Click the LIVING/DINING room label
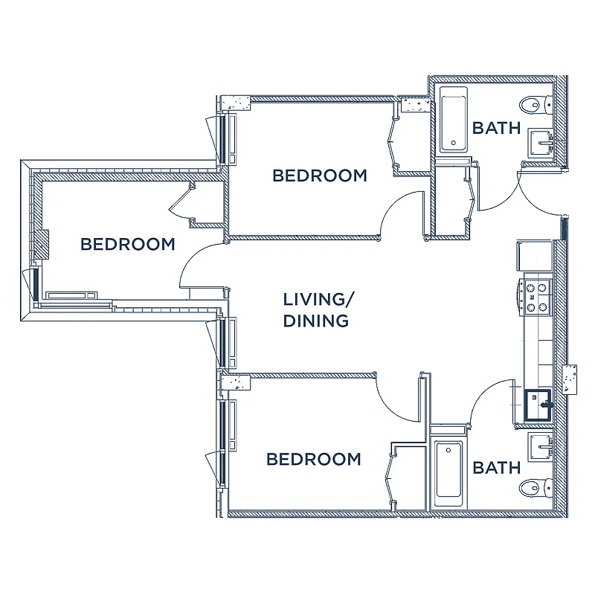click(x=316, y=310)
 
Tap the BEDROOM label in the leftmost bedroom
click(x=128, y=244)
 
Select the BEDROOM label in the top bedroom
click(x=319, y=176)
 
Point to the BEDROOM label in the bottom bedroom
click(x=313, y=459)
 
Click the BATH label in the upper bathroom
click(x=496, y=128)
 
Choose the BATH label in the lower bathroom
click(x=496, y=468)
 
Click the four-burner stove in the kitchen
click(x=536, y=295)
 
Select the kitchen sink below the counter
click(x=538, y=405)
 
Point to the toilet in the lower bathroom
click(x=535, y=488)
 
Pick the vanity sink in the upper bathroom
click(x=539, y=140)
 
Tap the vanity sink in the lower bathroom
click(x=539, y=446)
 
